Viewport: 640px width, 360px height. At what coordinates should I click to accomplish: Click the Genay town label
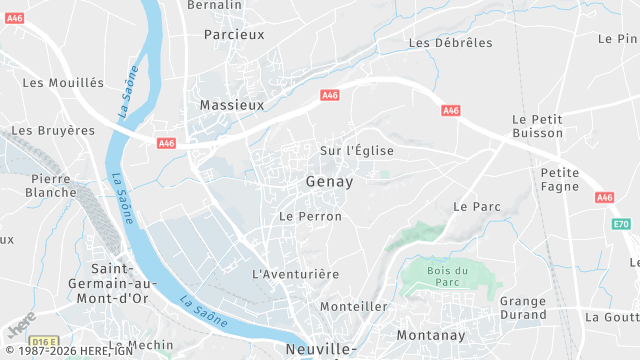pyautogui.click(x=328, y=183)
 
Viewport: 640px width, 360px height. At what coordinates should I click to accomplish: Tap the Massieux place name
pyautogui.click(x=231, y=104)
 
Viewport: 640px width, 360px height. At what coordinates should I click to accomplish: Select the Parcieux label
pyautogui.click(x=234, y=34)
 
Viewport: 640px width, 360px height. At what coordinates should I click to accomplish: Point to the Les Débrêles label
pyautogui.click(x=451, y=43)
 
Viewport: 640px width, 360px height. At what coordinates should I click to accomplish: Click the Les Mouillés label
pyautogui.click(x=63, y=82)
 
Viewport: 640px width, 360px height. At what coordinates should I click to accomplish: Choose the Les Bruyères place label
pyautogui.click(x=53, y=130)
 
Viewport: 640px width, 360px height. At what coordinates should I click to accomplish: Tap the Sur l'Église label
pyautogui.click(x=356, y=151)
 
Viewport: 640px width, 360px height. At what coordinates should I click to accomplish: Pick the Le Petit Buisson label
pyautogui.click(x=537, y=126)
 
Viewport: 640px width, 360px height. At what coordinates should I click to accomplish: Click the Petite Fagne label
pyautogui.click(x=560, y=180)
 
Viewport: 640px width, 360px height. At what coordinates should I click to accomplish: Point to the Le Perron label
pyautogui.click(x=310, y=216)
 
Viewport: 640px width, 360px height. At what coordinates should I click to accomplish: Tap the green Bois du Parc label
pyautogui.click(x=448, y=277)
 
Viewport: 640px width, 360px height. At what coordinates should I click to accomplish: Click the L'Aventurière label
pyautogui.click(x=296, y=273)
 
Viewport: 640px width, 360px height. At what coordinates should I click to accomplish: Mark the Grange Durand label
pyautogui.click(x=523, y=308)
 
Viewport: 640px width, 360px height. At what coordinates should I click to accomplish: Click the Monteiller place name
pyautogui.click(x=354, y=306)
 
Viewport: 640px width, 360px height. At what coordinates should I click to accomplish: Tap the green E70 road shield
pyautogui.click(x=622, y=224)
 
